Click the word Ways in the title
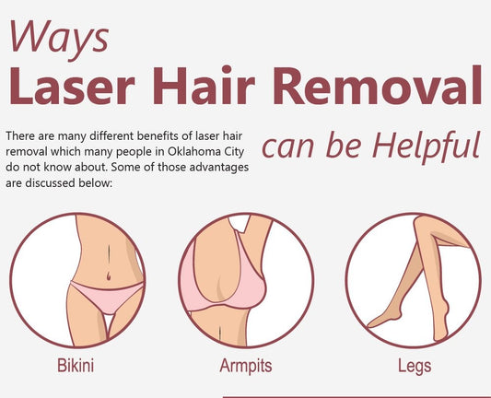(58, 36)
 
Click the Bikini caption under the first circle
(75, 366)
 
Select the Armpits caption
(245, 366)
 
